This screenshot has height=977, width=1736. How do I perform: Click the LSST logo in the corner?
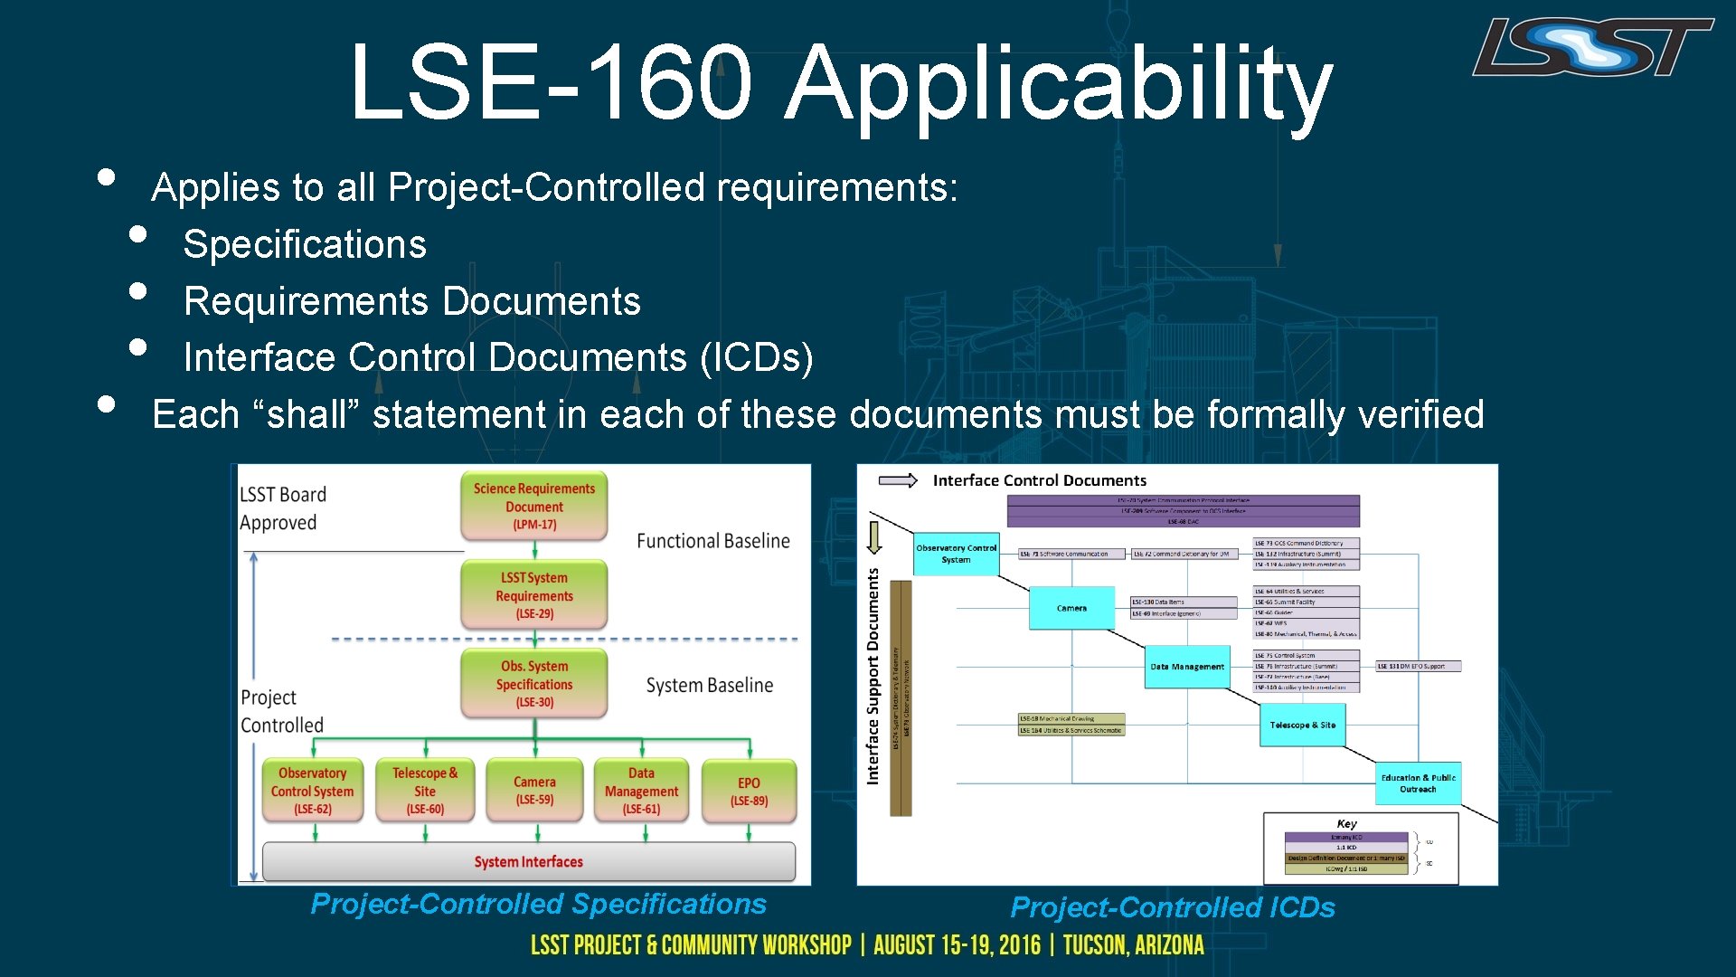pos(1592,47)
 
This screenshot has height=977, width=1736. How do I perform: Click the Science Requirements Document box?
pos(533,506)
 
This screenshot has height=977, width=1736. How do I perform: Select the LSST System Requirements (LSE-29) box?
pos(533,594)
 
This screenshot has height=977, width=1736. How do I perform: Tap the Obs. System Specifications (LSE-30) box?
pos(533,683)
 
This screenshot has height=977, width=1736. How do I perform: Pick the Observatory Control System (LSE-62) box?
pos(312,790)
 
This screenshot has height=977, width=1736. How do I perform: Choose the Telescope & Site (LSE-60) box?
pos(425,790)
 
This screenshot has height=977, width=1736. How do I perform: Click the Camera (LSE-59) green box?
pos(534,790)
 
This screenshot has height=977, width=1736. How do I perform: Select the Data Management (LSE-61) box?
pos(641,790)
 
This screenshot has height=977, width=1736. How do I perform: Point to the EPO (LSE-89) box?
pos(749,791)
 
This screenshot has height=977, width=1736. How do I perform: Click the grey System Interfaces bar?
pos(529,861)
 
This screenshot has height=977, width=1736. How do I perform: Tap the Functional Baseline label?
pos(712,541)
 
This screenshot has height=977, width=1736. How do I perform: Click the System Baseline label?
pos(710,686)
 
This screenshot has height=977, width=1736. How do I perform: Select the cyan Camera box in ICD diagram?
pos(1071,608)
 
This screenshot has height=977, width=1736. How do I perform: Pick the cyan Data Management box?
pos(1187,667)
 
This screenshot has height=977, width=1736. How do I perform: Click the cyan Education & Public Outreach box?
pos(1418,783)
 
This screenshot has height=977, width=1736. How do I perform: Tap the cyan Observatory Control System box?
pos(956,554)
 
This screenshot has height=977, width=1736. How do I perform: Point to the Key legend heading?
pos(1346,823)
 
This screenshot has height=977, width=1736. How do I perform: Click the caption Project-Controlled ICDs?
pos(1172,906)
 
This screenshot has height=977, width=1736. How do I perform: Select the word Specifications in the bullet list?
pos(305,244)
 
